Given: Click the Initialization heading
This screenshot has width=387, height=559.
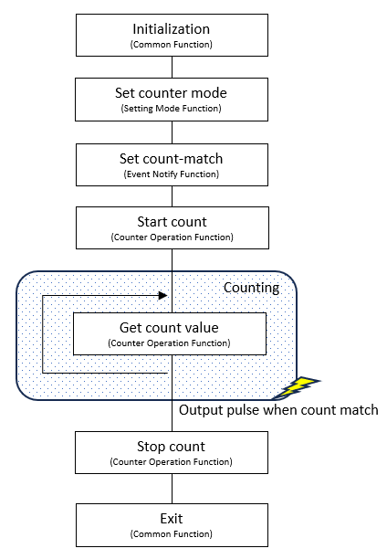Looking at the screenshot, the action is click(x=171, y=29).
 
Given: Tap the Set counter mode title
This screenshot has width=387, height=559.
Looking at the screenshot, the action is click(x=171, y=93).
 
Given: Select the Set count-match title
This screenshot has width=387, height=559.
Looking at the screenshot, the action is click(x=171, y=159).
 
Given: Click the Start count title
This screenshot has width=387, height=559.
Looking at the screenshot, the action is click(x=173, y=222).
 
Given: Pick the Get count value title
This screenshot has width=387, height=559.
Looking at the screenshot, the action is click(x=169, y=328).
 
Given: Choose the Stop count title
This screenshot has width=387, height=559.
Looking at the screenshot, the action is click(x=171, y=447).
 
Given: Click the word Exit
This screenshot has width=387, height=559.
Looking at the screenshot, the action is click(x=172, y=519).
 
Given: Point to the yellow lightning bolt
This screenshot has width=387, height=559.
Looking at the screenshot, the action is click(x=297, y=387).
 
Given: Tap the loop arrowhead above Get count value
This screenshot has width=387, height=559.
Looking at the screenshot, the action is click(x=162, y=296).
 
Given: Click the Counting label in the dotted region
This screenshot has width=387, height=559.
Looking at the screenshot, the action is click(x=251, y=288).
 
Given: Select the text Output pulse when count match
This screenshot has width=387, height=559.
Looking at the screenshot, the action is click(x=278, y=410).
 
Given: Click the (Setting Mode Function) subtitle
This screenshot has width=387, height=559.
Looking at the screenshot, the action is click(x=171, y=109).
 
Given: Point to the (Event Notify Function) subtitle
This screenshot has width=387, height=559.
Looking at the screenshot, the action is click(x=172, y=174).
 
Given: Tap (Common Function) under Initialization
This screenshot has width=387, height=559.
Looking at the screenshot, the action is click(x=172, y=45).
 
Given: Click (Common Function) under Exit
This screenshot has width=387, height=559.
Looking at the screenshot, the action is click(x=172, y=534).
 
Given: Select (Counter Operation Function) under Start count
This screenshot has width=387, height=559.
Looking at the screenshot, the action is click(x=173, y=237).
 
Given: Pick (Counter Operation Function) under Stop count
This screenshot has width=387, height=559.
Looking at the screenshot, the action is click(x=171, y=461).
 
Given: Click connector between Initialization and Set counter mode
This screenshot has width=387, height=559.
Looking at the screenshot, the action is click(x=173, y=68).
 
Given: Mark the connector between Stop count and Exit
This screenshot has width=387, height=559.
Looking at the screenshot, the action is click(x=173, y=489).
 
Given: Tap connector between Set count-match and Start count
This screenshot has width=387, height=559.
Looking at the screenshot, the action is click(x=173, y=196).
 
